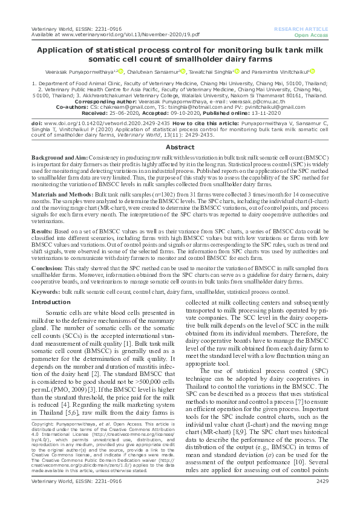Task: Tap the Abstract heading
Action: coord(180,130)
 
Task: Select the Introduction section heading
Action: coord(50,302)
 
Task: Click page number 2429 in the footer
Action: coord(322,498)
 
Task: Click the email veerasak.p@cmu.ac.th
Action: coord(220,102)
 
